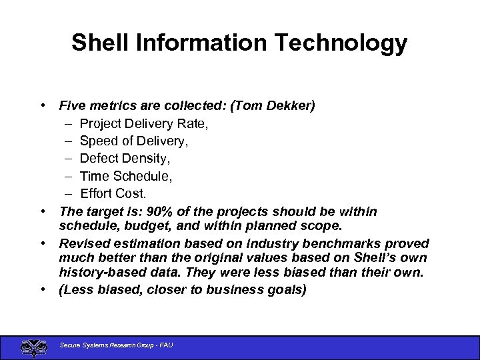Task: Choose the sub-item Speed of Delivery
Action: tap(134, 141)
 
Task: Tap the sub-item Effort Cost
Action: tap(113, 193)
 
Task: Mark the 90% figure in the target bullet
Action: tap(161, 211)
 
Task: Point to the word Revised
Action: tap(83, 243)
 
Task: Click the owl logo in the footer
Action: tap(31, 347)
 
